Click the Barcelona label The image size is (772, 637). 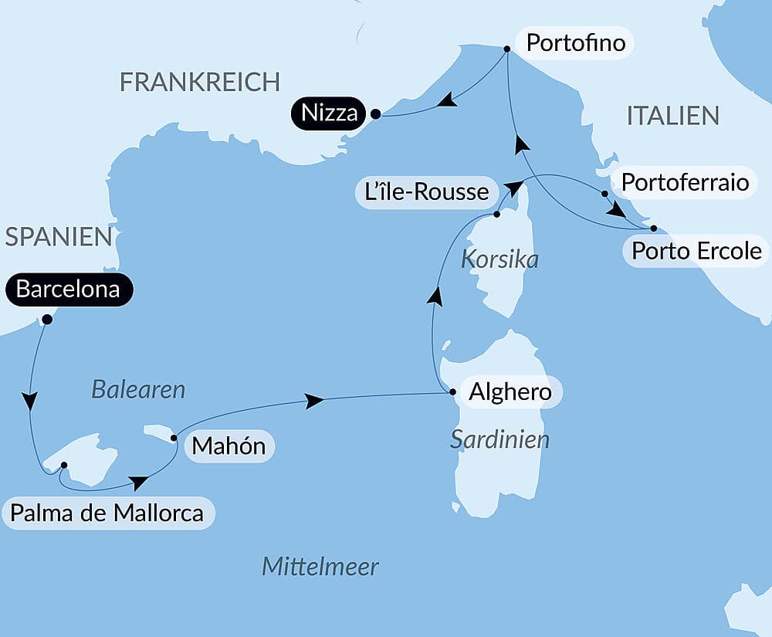[68, 290]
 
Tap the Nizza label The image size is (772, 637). [330, 114]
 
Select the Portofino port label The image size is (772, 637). [575, 42]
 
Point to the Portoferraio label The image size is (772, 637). [685, 182]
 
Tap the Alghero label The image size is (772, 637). [511, 392]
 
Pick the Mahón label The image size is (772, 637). [229, 446]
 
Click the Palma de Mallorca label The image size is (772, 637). [107, 513]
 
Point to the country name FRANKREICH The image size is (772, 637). [199, 82]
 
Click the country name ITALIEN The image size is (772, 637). [672, 116]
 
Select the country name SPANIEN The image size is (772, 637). [59, 237]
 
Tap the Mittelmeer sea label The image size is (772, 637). [320, 567]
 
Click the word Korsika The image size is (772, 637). [499, 259]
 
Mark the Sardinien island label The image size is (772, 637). [499, 439]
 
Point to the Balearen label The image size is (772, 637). [138, 389]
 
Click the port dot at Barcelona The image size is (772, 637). [47, 319]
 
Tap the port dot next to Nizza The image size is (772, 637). [375, 114]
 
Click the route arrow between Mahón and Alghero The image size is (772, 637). [313, 401]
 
